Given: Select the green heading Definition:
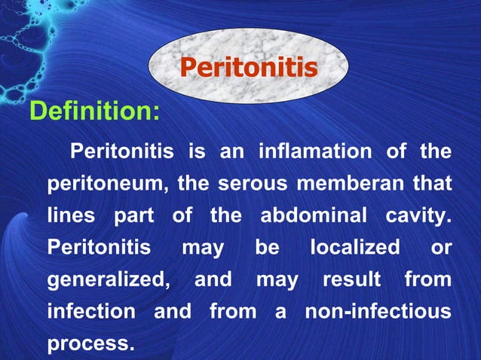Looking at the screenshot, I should point(94,112).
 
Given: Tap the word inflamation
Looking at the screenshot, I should point(315,151).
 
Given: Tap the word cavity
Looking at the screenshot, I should point(418,215).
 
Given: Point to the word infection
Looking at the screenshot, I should point(91,311).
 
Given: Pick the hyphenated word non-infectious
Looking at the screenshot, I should point(378,311).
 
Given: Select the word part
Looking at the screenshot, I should point(133,215).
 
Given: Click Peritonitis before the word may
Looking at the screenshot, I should point(98,247).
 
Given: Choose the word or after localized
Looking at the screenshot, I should point(440,247).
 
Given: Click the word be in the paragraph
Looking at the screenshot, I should point(267,247).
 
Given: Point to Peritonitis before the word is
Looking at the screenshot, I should point(121,151).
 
